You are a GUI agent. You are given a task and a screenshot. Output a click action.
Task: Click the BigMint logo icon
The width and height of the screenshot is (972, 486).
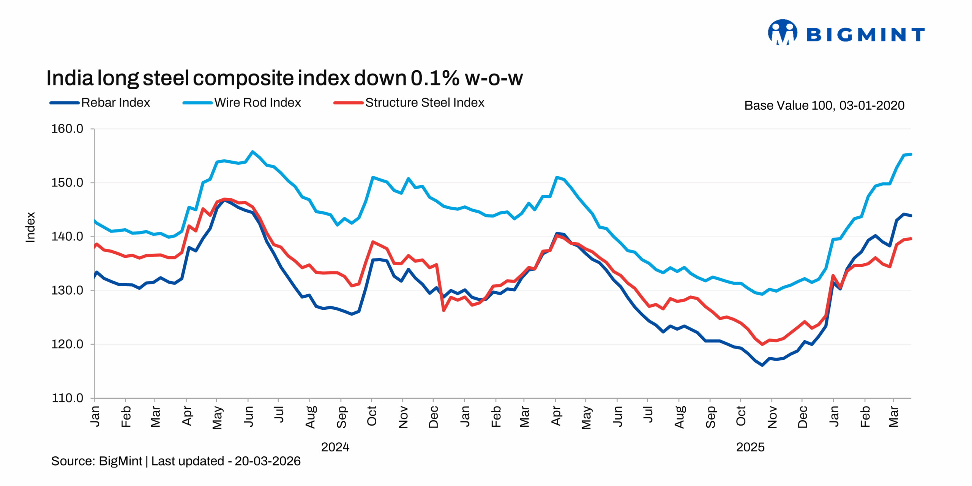[x=782, y=33]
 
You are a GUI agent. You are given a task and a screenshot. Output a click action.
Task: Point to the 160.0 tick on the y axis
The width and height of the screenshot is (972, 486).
[x=67, y=129]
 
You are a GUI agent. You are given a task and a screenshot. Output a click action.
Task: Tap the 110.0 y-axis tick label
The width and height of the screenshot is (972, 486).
[x=67, y=398]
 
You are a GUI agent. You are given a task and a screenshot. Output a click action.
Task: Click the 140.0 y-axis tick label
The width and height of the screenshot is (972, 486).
[x=67, y=236]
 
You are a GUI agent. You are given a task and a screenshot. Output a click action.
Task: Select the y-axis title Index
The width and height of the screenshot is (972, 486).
[x=30, y=227]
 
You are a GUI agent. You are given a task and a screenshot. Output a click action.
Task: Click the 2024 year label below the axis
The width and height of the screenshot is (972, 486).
[x=335, y=447]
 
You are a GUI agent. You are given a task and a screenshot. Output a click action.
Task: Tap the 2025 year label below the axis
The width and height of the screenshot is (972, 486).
[x=750, y=447]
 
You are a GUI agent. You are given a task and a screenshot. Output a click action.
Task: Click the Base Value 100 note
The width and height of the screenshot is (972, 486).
[x=824, y=105]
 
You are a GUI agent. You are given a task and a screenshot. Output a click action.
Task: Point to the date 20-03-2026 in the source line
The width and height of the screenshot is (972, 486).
[x=267, y=461]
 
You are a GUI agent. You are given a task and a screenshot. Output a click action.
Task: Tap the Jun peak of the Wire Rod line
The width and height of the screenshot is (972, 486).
[x=252, y=152]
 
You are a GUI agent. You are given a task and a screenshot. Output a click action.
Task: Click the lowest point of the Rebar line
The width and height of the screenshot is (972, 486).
[x=762, y=365]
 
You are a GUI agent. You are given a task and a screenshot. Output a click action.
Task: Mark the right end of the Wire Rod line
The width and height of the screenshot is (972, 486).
[x=911, y=154]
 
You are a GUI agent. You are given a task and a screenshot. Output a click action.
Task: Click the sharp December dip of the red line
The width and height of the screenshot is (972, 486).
[x=443, y=311]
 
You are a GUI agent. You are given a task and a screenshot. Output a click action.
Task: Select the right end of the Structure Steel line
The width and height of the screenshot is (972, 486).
[x=911, y=239]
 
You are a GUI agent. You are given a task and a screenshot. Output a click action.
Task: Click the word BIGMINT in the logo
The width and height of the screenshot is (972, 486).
[x=865, y=35]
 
